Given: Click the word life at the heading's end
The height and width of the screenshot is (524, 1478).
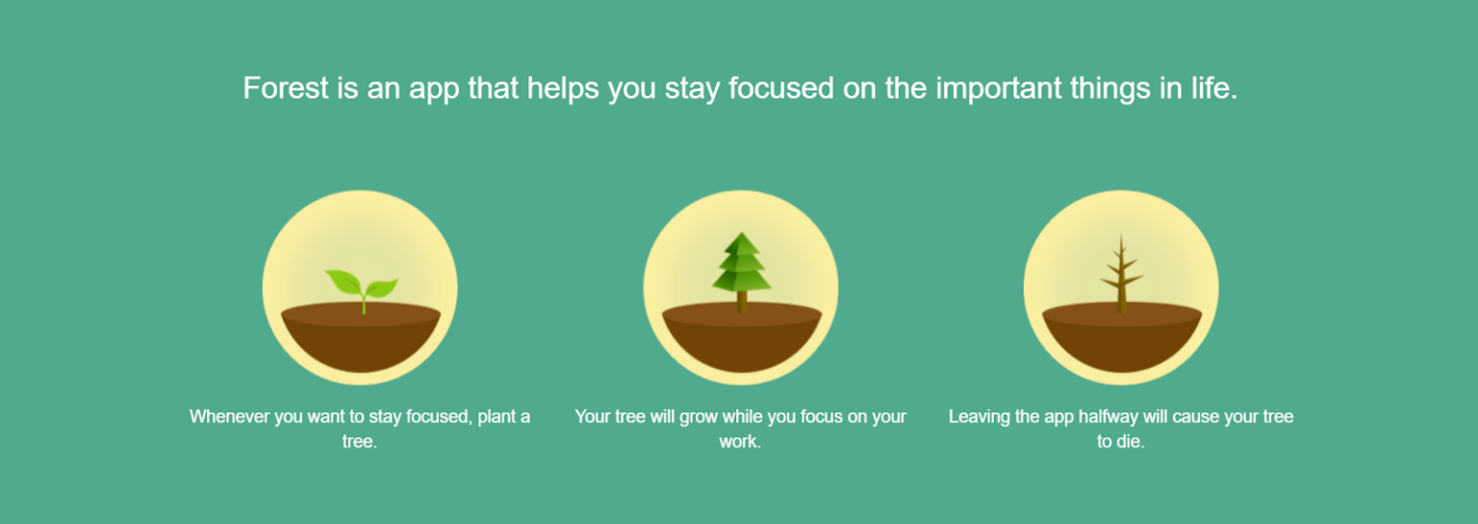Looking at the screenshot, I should click(x=1213, y=88).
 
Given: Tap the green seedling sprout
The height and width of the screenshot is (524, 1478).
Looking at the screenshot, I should click(x=362, y=285).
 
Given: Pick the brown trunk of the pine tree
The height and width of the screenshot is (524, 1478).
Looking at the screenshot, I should click(x=742, y=301).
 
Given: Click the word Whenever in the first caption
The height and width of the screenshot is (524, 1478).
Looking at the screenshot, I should click(x=228, y=417).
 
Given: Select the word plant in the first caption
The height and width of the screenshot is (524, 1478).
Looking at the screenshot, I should click(x=495, y=417).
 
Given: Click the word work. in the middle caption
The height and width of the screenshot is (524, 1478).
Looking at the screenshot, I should click(x=740, y=443).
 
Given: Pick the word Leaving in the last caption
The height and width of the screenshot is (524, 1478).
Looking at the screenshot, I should click(x=979, y=417).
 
